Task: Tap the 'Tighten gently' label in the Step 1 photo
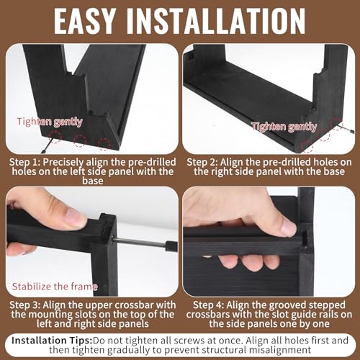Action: (x=50, y=122)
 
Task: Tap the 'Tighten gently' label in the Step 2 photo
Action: (x=284, y=126)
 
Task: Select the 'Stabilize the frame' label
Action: (x=55, y=287)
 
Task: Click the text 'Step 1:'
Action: (x=24, y=162)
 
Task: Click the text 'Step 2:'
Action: (x=202, y=162)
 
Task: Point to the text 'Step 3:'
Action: (x=25, y=305)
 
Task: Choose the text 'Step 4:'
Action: (x=208, y=305)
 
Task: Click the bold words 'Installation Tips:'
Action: (x=52, y=341)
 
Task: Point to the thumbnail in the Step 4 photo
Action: (x=286, y=228)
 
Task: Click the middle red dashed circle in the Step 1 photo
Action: (x=79, y=140)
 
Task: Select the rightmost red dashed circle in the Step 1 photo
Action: (x=104, y=145)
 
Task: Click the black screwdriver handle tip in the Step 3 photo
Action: (x=171, y=246)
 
